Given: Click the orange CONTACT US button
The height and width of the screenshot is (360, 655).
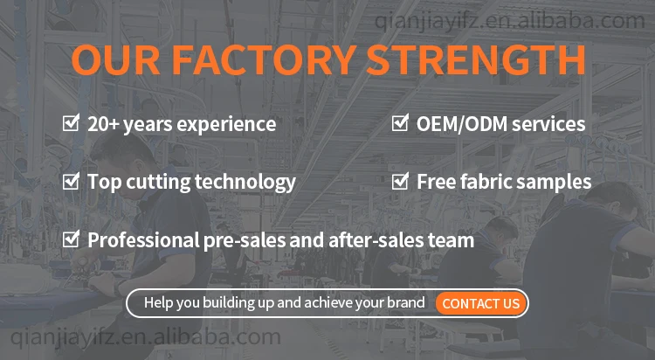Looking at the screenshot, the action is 481,303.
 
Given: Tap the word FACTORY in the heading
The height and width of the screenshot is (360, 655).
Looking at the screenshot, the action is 264,59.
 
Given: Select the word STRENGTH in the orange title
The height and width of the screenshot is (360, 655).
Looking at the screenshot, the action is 476,59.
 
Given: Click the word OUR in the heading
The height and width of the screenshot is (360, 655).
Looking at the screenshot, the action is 115,59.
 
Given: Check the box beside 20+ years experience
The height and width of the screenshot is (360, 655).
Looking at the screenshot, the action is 71,123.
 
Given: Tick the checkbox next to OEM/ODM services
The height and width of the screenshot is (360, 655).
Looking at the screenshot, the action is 400,123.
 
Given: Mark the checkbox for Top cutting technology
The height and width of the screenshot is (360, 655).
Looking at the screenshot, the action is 71,181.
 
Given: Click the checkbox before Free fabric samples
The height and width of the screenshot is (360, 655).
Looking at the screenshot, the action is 400,181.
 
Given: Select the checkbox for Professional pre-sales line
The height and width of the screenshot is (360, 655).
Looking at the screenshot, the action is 71,239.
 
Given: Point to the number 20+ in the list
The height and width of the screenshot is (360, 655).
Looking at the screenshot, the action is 103,124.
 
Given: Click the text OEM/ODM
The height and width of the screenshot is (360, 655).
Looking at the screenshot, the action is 462,124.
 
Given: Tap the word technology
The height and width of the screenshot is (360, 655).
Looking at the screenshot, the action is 245,183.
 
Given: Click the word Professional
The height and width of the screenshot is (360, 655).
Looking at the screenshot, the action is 143,240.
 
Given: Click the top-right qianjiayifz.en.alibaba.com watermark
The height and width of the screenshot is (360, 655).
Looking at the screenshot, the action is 509,21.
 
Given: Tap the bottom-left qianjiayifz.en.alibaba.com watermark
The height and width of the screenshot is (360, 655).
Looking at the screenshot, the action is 145,337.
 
